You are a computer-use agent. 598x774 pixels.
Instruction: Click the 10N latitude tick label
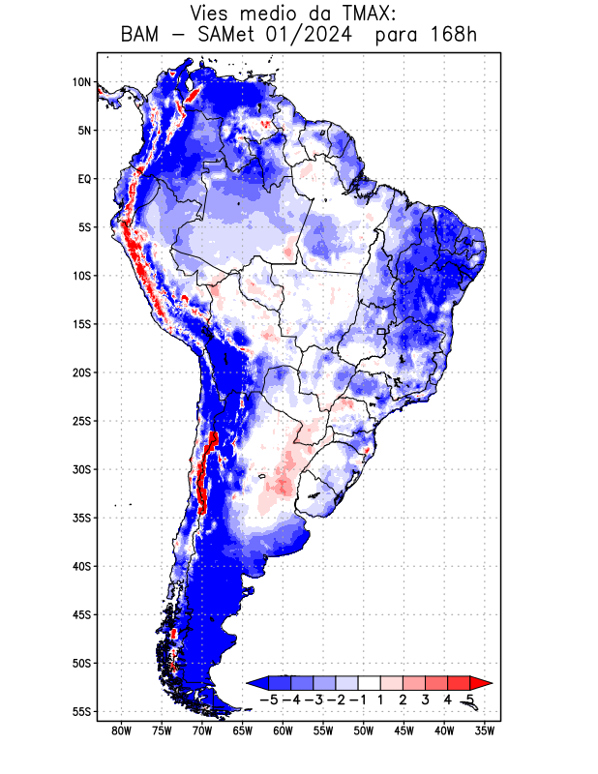coord(81,82)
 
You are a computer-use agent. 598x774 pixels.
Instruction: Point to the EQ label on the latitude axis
coord(84,179)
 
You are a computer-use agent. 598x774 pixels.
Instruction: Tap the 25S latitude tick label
coord(81,421)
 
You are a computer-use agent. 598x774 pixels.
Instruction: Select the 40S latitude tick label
coord(81,566)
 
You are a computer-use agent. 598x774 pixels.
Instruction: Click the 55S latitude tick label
coord(81,711)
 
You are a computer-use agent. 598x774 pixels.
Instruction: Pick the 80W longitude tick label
coord(122,731)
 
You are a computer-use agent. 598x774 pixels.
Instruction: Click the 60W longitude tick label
coord(283,731)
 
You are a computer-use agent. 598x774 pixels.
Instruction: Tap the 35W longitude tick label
coord(485,731)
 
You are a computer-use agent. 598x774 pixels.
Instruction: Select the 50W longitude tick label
coord(364,731)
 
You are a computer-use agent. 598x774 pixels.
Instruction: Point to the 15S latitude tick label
coord(81,324)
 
